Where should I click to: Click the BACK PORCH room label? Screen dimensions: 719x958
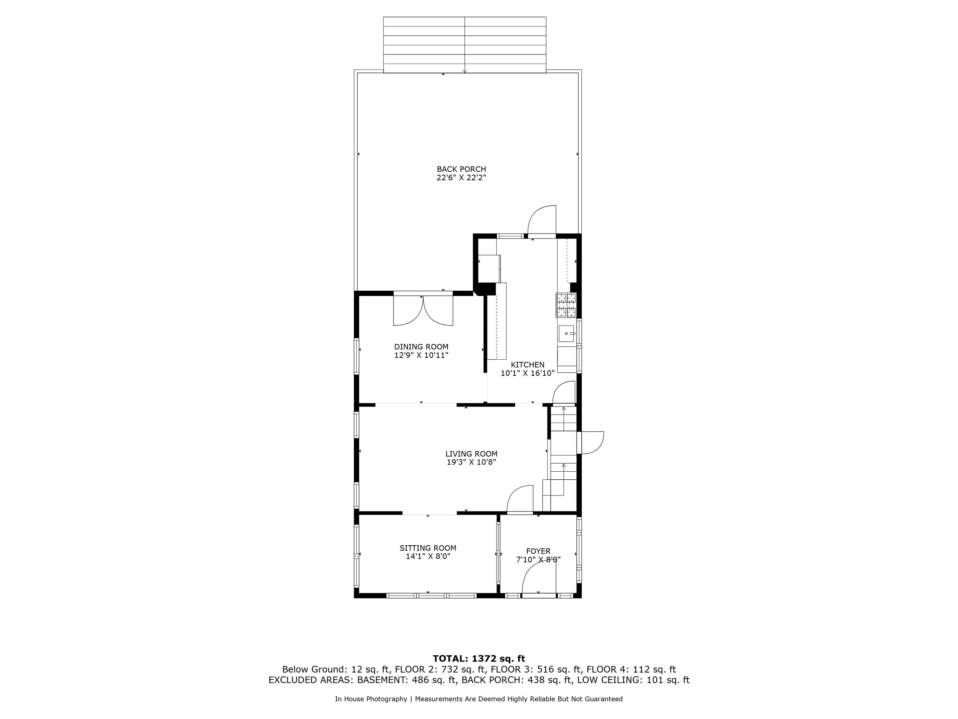pos(461,169)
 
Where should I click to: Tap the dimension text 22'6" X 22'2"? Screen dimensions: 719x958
pos(461,178)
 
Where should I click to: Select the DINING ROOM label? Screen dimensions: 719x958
pos(421,347)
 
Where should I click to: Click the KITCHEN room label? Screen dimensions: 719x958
pos(528,365)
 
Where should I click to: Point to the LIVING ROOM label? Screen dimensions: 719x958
pos(471,454)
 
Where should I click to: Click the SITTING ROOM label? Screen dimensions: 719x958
pos(428,548)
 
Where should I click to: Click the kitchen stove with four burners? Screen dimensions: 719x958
pos(566,305)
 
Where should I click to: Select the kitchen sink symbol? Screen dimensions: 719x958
pos(567,334)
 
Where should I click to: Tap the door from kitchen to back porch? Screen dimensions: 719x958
pos(542,221)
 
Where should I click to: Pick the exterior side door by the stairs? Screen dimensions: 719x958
pos(592,443)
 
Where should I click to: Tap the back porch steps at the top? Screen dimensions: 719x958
pos(464,44)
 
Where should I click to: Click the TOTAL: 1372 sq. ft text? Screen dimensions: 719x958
pos(479,659)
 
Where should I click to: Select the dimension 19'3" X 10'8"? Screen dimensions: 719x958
pos(471,462)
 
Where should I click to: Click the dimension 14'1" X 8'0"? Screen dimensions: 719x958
pos(428,556)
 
